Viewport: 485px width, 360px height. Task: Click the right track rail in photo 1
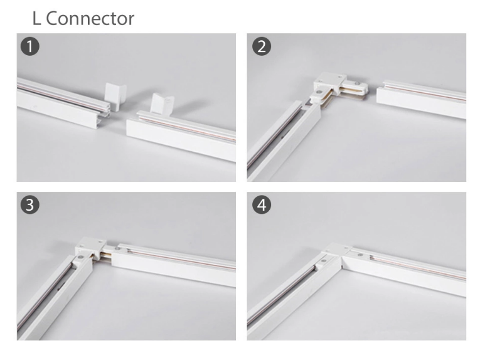coord(182,135)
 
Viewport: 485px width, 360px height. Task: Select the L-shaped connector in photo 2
coord(336,88)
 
